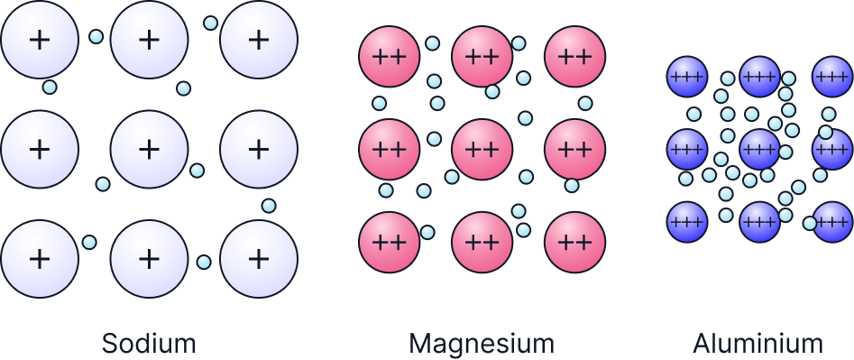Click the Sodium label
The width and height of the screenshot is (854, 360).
pyautogui.click(x=149, y=344)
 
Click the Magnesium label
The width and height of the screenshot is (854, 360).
pyautogui.click(x=482, y=344)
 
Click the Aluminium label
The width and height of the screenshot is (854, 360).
pyautogui.click(x=758, y=344)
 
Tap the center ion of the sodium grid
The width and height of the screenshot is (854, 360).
pyautogui.click(x=149, y=149)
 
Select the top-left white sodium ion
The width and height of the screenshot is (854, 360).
pyautogui.click(x=39, y=40)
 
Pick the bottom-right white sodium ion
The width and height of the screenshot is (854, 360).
pyautogui.click(x=259, y=259)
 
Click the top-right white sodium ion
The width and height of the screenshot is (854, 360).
pyautogui.click(x=259, y=40)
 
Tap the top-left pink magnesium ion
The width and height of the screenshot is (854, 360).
pyautogui.click(x=389, y=56)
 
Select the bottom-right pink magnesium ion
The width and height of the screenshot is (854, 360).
pyautogui.click(x=574, y=242)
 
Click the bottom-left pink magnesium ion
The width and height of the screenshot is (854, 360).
pyautogui.click(x=389, y=242)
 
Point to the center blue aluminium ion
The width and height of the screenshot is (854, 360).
pyautogui.click(x=759, y=149)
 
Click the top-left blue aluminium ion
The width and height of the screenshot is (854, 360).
pyautogui.click(x=687, y=76)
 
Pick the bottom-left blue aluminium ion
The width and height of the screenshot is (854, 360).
pyautogui.click(x=687, y=221)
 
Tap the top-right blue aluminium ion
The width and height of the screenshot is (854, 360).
pyautogui.click(x=831, y=76)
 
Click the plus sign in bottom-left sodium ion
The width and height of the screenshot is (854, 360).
pyautogui.click(x=39, y=259)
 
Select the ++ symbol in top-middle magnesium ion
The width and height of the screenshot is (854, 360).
pyautogui.click(x=482, y=56)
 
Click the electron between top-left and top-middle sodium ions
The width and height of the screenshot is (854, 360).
pyautogui.click(x=96, y=37)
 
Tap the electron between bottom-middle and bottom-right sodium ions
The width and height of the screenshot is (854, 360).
pyautogui.click(x=204, y=262)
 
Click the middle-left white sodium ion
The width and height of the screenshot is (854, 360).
pyautogui.click(x=39, y=149)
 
